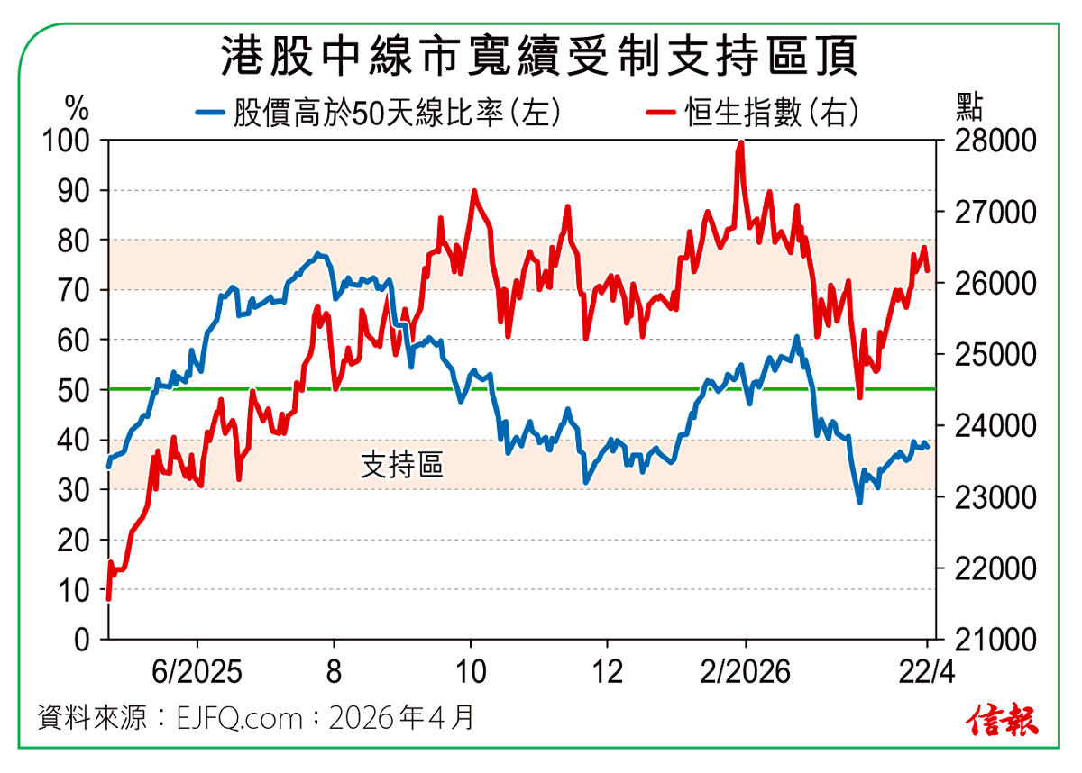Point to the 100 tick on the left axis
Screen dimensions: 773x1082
(69, 141)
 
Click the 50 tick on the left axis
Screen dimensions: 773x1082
(76, 390)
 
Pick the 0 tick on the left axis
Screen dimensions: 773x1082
(83, 640)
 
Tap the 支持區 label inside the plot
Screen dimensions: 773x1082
(402, 465)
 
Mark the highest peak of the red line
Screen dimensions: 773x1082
(740, 142)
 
